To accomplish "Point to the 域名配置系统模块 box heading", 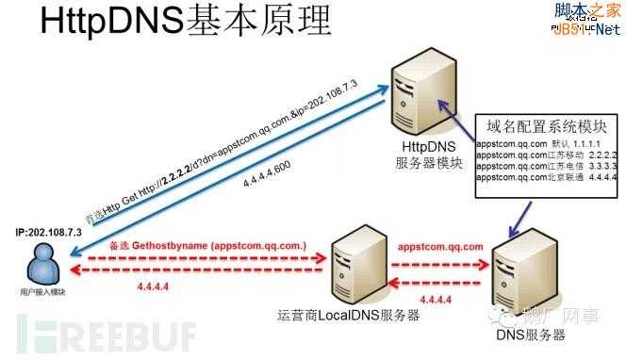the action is [538, 125].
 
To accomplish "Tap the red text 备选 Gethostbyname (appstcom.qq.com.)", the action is [208, 245].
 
